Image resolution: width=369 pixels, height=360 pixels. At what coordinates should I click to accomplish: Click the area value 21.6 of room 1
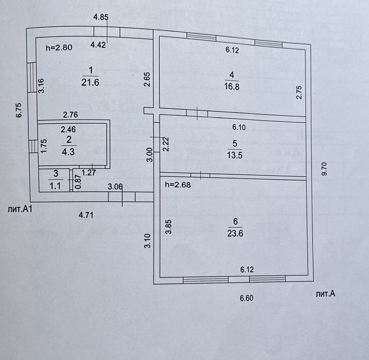click(91, 83)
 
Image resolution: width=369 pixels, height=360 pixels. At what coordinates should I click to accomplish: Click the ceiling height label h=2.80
click(59, 48)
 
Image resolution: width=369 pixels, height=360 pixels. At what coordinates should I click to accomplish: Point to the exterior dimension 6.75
click(18, 109)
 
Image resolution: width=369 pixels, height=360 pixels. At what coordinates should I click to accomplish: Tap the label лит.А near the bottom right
click(325, 294)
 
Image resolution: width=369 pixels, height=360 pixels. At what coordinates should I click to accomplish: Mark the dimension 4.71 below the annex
click(87, 216)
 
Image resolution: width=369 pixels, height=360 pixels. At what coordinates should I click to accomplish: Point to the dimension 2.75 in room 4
click(299, 93)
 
